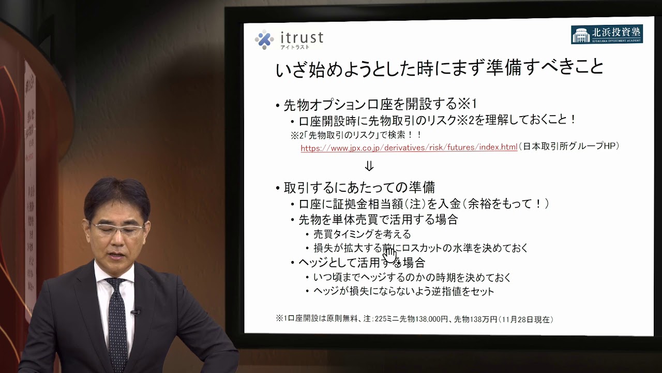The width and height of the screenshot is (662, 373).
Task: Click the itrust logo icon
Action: [264, 39]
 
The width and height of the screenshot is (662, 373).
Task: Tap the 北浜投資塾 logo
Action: [607, 34]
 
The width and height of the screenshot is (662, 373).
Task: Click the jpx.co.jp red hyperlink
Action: [409, 147]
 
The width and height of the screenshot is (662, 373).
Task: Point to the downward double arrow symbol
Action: [369, 166]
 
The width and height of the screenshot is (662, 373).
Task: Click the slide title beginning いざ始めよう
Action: [440, 68]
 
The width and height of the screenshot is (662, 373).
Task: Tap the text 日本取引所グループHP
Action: [569, 147]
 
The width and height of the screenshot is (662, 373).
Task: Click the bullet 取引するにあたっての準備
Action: [359, 187]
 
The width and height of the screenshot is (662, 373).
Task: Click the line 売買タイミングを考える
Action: [362, 234]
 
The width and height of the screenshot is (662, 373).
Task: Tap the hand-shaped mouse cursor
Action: [389, 255]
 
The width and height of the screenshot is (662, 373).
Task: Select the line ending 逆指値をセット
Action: [403, 292]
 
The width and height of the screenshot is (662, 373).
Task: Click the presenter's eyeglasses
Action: [117, 228]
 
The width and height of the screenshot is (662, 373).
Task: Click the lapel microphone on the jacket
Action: [136, 311]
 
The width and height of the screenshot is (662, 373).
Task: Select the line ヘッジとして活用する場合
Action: [362, 263]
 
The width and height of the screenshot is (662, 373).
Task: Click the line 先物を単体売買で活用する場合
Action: [378, 220]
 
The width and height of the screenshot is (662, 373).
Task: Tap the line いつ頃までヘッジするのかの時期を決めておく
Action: [412, 278]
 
